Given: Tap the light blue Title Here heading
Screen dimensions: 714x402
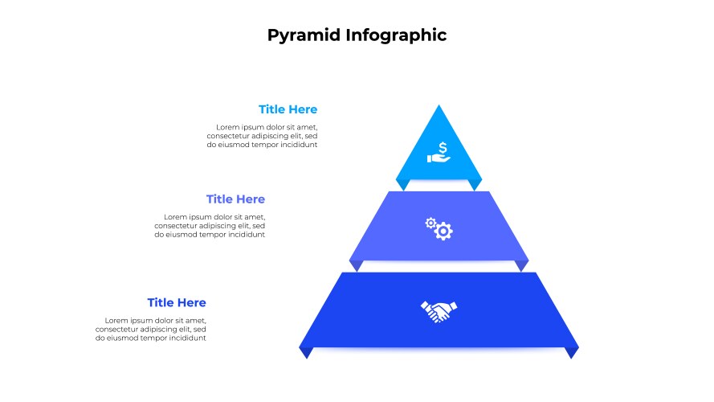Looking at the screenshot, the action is pyautogui.click(x=288, y=109).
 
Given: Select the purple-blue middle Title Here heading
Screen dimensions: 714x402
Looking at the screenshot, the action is pyautogui.click(x=235, y=199).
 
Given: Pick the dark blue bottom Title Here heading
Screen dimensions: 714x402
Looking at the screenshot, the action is pyautogui.click(x=177, y=302).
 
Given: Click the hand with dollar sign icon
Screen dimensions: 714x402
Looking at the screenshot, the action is pyautogui.click(x=439, y=152).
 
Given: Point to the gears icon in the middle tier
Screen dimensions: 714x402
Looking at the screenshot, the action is pyautogui.click(x=439, y=229).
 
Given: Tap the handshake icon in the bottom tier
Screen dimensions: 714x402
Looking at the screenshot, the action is pyautogui.click(x=439, y=311).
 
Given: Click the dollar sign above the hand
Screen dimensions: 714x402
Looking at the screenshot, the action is pyautogui.click(x=443, y=148).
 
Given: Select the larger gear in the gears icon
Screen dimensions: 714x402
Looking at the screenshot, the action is pyautogui.click(x=443, y=232).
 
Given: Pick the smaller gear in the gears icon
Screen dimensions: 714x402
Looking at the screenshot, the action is pyautogui.click(x=430, y=223).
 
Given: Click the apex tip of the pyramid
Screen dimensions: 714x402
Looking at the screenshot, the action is pyautogui.click(x=439, y=105).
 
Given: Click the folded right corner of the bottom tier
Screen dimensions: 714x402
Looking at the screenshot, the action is pyautogui.click(x=572, y=352).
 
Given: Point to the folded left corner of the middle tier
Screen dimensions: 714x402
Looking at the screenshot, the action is pyautogui.click(x=356, y=265).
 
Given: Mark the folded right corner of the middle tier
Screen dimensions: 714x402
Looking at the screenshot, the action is pyautogui.click(x=521, y=265).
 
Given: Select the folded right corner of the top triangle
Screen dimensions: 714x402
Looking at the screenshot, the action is pyautogui.click(x=475, y=184).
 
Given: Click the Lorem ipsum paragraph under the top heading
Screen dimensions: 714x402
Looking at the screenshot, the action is pyautogui.click(x=262, y=136).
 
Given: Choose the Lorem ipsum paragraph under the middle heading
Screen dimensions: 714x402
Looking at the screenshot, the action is pyautogui.click(x=210, y=226).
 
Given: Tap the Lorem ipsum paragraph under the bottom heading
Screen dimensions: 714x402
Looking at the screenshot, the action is pyautogui.click(x=151, y=329).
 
